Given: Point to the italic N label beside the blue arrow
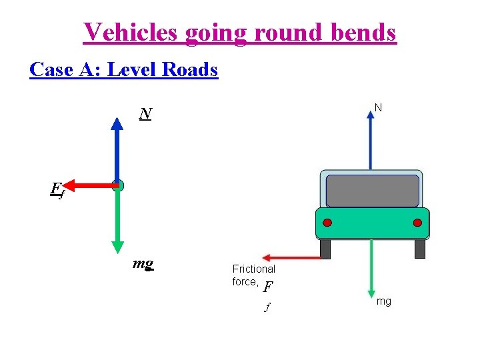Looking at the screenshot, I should (x=145, y=115).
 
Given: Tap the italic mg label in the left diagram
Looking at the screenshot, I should (x=143, y=264).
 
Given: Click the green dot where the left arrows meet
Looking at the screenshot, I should (x=118, y=185).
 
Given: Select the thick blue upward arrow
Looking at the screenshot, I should (x=117, y=150).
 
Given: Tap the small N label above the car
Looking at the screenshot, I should (x=378, y=107).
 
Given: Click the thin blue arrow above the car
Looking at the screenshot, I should (x=371, y=140).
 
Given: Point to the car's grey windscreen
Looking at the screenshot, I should (x=373, y=191).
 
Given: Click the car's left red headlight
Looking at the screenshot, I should (x=327, y=223).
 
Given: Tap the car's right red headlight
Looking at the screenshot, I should (x=417, y=223).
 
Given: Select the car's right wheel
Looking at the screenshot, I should (x=419, y=249).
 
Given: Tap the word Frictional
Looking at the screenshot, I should (x=253, y=269).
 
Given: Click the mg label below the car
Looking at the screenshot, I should (x=384, y=302).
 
